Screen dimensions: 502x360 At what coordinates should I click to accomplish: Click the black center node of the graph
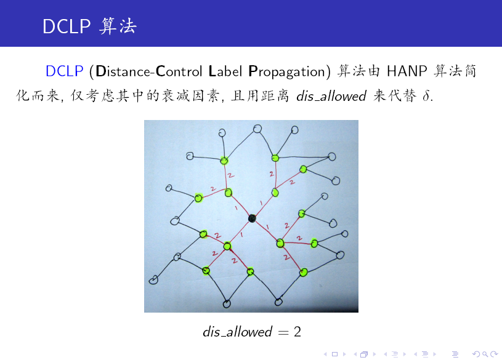point(252,218)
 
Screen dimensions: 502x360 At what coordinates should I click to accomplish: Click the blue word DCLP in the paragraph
point(64,71)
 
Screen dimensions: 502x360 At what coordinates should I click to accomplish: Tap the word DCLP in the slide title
point(67,26)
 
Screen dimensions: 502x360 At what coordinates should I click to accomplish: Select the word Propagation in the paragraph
point(287,71)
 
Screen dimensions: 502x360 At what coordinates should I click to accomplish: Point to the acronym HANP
point(407,71)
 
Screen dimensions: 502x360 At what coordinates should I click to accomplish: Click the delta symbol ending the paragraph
point(426,95)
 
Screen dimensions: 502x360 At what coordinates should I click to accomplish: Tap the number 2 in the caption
point(298,332)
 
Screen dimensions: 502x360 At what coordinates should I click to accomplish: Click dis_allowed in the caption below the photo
point(238,332)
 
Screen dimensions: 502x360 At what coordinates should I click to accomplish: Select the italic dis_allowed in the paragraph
point(331,96)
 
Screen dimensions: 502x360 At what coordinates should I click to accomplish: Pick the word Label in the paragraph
point(225,71)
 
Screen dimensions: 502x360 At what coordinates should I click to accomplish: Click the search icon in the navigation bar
point(485,354)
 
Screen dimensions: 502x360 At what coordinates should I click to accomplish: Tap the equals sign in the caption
point(283,332)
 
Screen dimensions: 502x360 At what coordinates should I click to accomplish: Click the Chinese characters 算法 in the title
point(118,26)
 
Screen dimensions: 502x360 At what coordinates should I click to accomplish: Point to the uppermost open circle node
point(257,129)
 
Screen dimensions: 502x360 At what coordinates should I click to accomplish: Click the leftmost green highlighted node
point(198,198)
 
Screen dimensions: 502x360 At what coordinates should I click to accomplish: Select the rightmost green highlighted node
point(314,244)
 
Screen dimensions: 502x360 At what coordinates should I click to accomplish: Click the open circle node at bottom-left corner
point(153,280)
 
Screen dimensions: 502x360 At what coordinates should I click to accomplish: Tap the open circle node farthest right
point(345,234)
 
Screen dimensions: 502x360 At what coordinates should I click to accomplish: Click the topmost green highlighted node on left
point(224,161)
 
